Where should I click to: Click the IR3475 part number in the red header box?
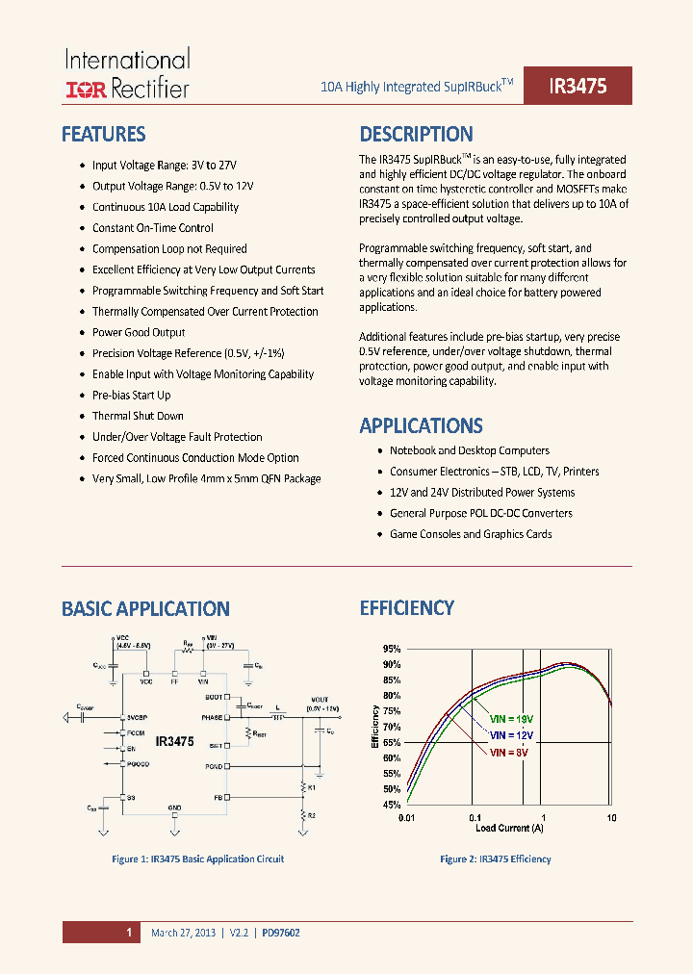point(577,86)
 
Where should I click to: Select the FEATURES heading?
point(103,134)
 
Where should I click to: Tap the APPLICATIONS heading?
point(421,425)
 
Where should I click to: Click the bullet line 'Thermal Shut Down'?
point(138,416)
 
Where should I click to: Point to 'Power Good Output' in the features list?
point(139,332)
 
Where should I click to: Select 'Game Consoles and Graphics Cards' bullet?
point(471,534)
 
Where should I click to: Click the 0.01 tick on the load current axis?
point(405,818)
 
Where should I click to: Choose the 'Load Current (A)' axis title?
point(508,828)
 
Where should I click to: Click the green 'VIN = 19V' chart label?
point(511,719)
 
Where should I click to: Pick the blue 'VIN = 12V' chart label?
point(511,735)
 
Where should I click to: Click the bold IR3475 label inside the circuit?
point(175,742)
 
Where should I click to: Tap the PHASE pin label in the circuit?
point(213,717)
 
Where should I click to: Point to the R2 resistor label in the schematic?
point(310,815)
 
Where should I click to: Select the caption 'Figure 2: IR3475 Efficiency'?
point(496,859)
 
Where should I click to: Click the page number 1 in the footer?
point(128,932)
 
